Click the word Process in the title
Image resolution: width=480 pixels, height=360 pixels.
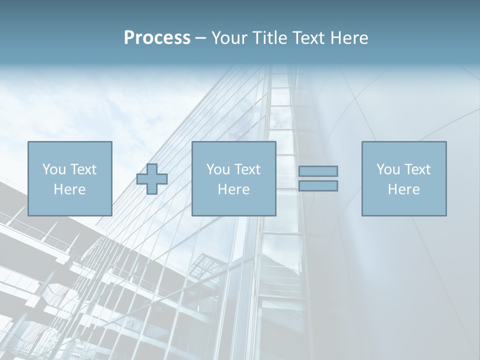[x=157, y=38]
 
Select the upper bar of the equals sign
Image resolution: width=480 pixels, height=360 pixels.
[x=318, y=171]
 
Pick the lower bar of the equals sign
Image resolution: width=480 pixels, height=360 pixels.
[x=318, y=186]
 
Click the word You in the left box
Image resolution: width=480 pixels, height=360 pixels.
[x=53, y=169]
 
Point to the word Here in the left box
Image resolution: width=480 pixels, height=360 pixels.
[x=69, y=189]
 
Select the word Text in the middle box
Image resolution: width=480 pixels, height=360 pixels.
[x=247, y=169]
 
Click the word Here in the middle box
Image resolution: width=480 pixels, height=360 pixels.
[x=233, y=189]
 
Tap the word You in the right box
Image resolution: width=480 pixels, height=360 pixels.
[x=387, y=169]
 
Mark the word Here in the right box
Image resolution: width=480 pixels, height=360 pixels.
[x=404, y=189]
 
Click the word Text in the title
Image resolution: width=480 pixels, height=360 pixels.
[x=307, y=38]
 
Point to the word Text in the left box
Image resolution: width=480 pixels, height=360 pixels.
[x=82, y=169]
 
